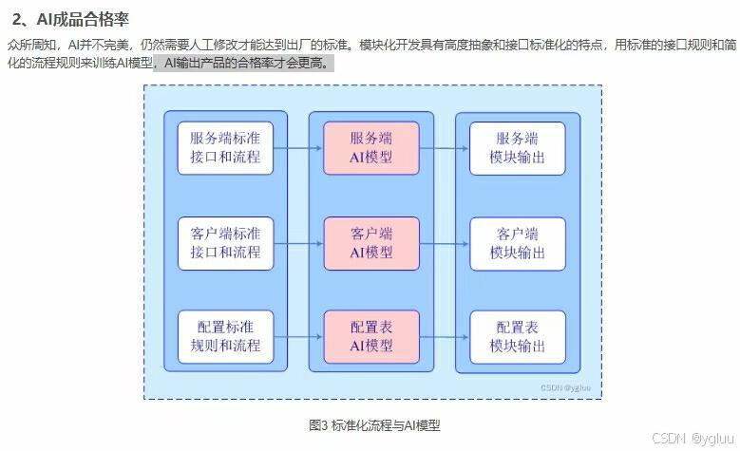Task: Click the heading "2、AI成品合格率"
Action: tap(70, 19)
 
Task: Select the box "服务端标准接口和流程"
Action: tap(225, 148)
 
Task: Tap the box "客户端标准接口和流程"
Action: tap(225, 243)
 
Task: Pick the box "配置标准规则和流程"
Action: tap(225, 337)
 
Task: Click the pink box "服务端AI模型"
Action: tap(371, 148)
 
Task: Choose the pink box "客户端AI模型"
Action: tap(371, 243)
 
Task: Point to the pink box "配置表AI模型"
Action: tap(371, 337)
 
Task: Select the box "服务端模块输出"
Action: tap(518, 149)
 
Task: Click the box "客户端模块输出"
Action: tap(518, 244)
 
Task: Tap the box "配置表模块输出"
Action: tap(518, 337)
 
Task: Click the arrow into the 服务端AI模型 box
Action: tap(298, 148)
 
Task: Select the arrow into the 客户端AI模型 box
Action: tap(298, 243)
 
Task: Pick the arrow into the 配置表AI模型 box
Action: tap(298, 337)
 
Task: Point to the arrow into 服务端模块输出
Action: tap(444, 148)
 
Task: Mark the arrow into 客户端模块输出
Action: tap(444, 244)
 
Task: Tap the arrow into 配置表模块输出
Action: tap(444, 337)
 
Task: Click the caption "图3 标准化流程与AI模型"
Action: tap(374, 425)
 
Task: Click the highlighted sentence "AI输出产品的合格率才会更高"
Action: tap(242, 63)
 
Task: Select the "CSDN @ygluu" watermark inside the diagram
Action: tap(565, 387)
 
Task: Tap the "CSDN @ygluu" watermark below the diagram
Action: tap(693, 439)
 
